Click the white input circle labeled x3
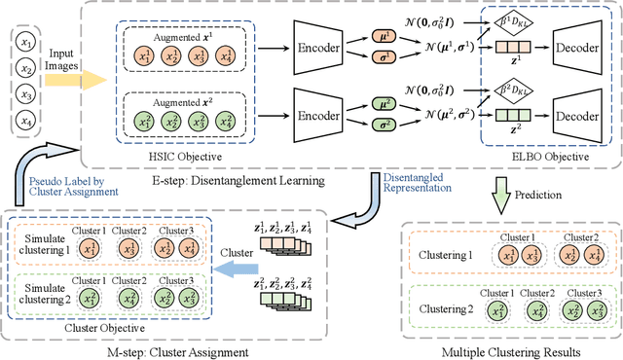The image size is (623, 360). pyautogui.click(x=29, y=95)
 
